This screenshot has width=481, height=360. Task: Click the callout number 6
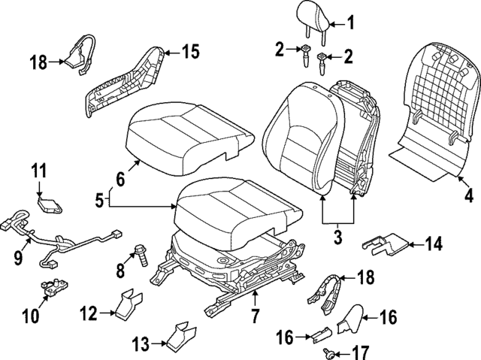(119, 180)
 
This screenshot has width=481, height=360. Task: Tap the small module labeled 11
(50, 201)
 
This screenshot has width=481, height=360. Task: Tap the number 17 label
(362, 350)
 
